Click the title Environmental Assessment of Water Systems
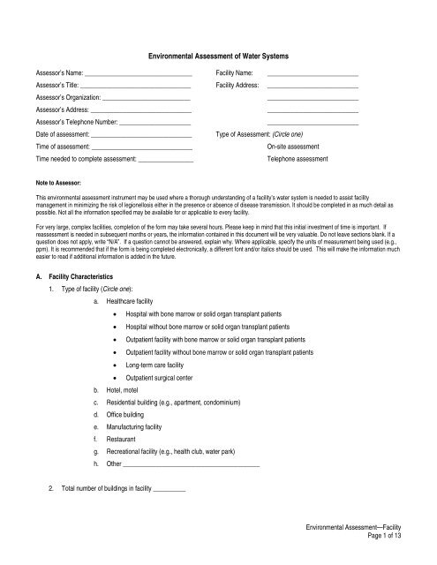coord(218,55)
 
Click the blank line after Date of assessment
coord(141,132)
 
